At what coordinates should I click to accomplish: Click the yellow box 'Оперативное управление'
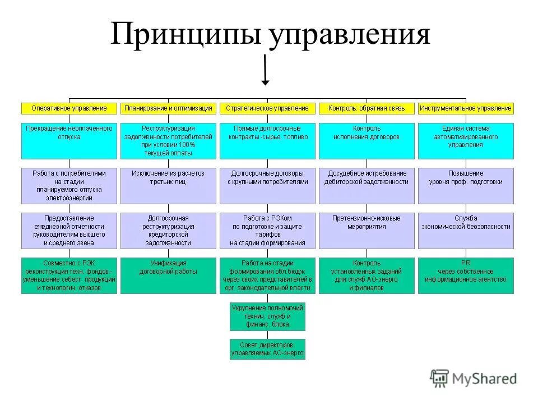(69, 108)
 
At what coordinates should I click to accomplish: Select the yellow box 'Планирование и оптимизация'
(168, 108)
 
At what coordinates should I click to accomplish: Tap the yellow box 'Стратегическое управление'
(267, 108)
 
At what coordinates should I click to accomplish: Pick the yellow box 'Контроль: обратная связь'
(366, 108)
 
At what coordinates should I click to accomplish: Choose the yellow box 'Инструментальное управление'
(465, 108)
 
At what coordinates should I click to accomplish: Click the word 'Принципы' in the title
(186, 35)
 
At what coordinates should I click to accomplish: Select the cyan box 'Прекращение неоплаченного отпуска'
(69, 140)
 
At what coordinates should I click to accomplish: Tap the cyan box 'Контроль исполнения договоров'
(366, 140)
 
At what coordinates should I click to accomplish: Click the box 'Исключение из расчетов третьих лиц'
(168, 185)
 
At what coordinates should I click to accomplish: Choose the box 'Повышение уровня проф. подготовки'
(465, 185)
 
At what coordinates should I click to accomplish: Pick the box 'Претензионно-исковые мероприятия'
(366, 230)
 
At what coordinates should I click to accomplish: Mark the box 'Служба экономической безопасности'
(465, 230)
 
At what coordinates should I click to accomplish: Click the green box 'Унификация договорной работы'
(168, 275)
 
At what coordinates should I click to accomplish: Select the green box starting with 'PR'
(465, 275)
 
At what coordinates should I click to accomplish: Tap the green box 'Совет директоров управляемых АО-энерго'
(267, 349)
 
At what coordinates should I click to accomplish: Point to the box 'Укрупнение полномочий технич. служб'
(267, 316)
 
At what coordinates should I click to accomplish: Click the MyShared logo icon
(439, 378)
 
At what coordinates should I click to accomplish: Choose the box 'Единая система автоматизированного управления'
(465, 140)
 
